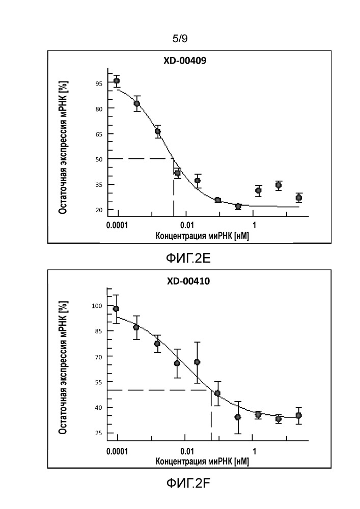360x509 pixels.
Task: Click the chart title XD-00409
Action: tap(184, 61)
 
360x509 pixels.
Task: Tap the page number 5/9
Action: tap(180, 38)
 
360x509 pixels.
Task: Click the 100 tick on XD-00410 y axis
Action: tap(96, 306)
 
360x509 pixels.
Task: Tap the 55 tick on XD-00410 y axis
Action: tap(97, 382)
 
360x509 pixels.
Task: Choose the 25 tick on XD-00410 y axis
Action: tap(97, 433)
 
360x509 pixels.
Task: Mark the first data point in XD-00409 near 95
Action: tap(117, 81)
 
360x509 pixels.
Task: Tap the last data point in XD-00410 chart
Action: tap(298, 416)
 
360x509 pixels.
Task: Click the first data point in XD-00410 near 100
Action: tap(116, 309)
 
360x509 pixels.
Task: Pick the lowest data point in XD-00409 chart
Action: tap(238, 206)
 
